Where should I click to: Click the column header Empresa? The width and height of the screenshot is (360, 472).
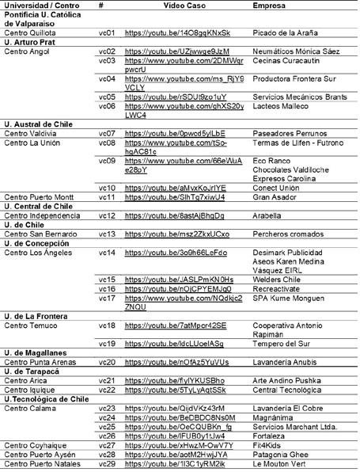(269, 6)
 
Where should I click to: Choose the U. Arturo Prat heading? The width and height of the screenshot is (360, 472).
(31, 42)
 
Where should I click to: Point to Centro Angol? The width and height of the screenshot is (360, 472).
(27, 51)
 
